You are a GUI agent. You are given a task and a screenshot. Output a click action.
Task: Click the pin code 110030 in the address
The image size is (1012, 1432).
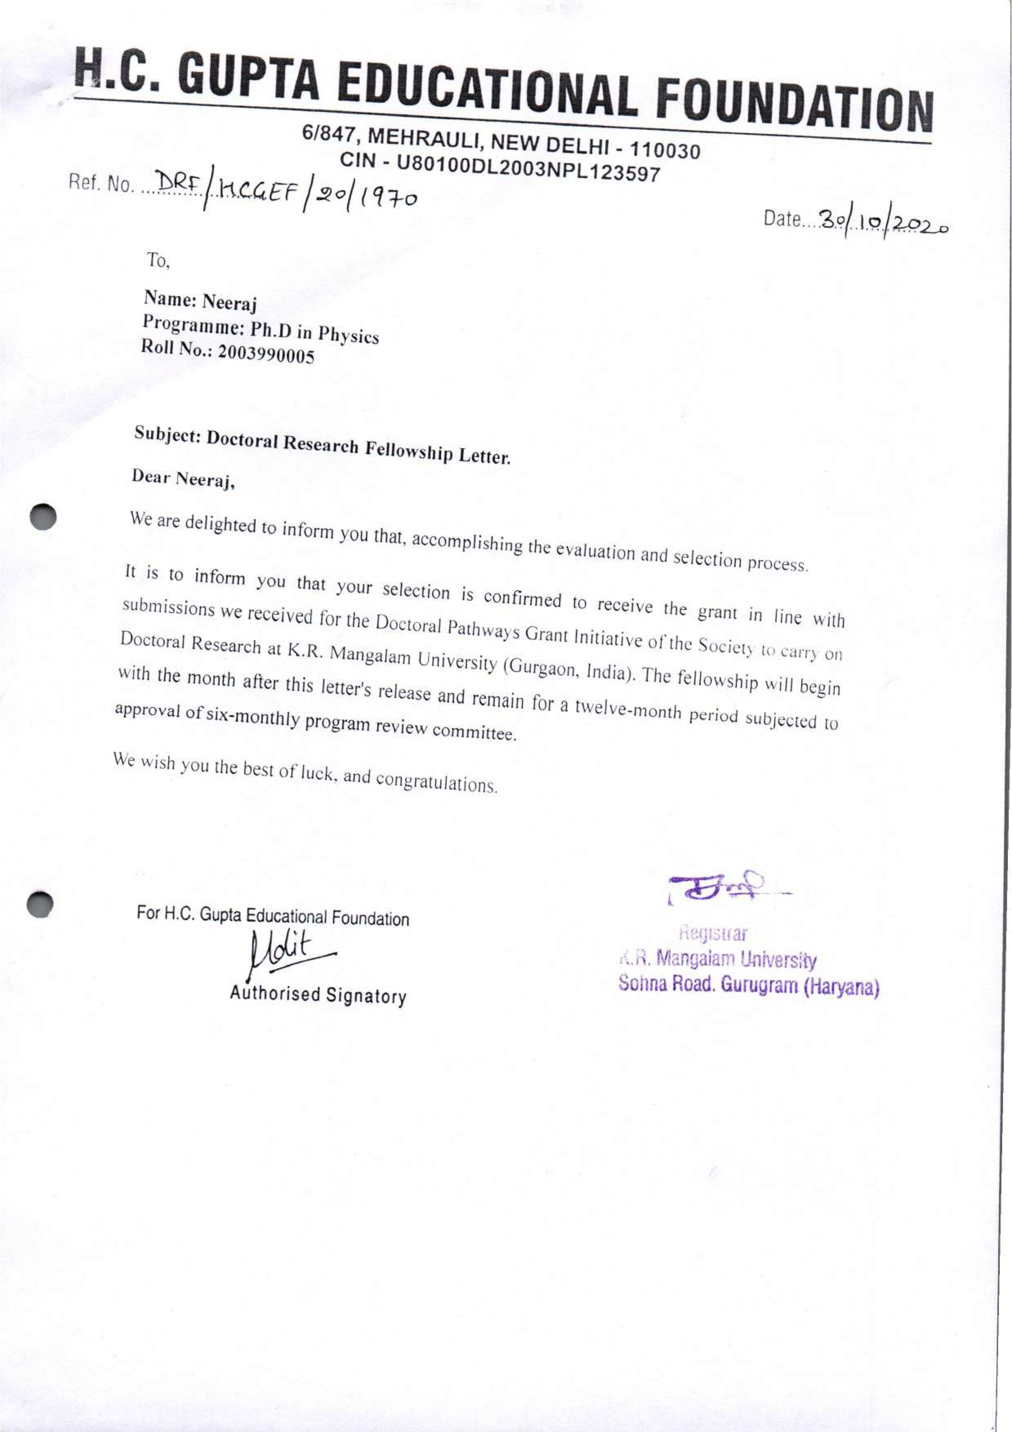(664, 150)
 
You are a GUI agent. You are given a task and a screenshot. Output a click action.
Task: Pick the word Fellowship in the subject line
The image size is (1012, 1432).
(409, 450)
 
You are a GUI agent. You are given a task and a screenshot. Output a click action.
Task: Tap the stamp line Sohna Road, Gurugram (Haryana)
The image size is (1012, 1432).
(749, 986)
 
